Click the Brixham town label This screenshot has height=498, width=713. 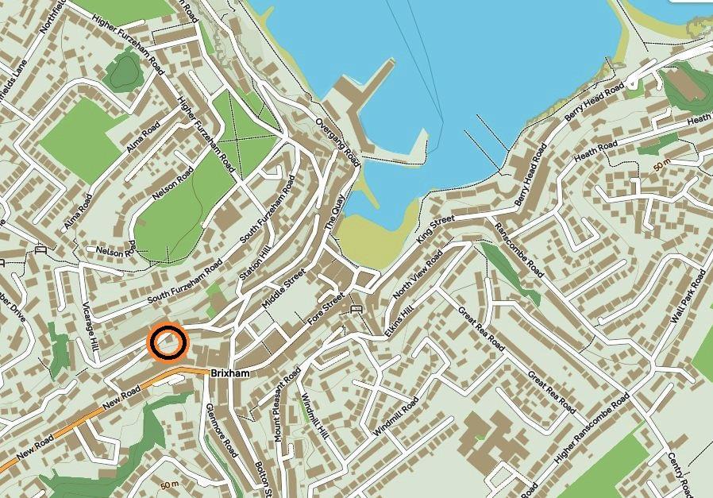click(x=231, y=373)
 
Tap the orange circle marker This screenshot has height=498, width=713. click(x=168, y=343)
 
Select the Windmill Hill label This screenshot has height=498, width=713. click(x=315, y=418)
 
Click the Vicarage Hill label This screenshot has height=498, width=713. click(x=89, y=326)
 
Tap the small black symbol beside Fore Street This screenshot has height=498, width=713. click(x=356, y=307)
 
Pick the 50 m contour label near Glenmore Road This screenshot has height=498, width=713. click(x=169, y=484)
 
